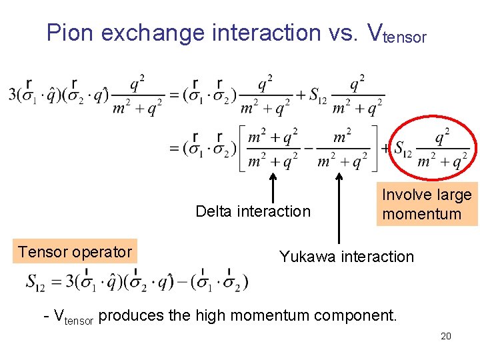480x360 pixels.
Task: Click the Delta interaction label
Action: (253, 211)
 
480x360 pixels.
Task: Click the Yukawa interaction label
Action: (346, 257)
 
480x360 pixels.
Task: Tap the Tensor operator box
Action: (75, 252)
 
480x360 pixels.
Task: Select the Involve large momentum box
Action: (427, 204)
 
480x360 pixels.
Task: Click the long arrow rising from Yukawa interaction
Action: (339, 207)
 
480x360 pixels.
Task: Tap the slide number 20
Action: (446, 336)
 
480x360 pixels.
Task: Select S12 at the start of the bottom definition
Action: (35, 283)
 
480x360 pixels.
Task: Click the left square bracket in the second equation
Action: (243, 148)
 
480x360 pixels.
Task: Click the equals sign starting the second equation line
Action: (175, 149)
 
